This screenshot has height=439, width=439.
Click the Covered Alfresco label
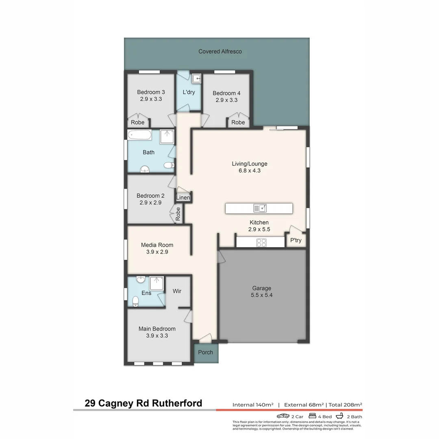[220, 52]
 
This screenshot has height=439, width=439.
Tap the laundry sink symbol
[197, 79]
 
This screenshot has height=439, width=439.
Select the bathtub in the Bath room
[139, 135]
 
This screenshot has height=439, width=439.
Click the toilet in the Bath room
[170, 165]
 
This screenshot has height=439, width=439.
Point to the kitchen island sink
[260, 208]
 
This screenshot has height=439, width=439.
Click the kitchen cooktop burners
[261, 242]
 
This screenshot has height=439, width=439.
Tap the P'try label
[296, 240]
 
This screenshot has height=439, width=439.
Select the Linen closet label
[183, 198]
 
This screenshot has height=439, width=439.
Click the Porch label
[206, 352]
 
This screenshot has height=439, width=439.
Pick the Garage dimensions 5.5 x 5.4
[261, 295]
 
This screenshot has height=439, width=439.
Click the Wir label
[177, 291]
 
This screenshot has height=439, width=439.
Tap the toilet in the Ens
[135, 301]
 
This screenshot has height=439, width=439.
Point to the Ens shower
[156, 283]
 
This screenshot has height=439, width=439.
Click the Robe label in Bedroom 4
[238, 122]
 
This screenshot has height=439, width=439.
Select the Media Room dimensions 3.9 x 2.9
[157, 252]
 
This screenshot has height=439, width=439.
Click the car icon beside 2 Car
[283, 416]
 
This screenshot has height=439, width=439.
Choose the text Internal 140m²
[253, 404]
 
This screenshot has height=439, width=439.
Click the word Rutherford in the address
[177, 403]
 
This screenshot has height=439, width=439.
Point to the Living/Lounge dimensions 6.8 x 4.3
[250, 171]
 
